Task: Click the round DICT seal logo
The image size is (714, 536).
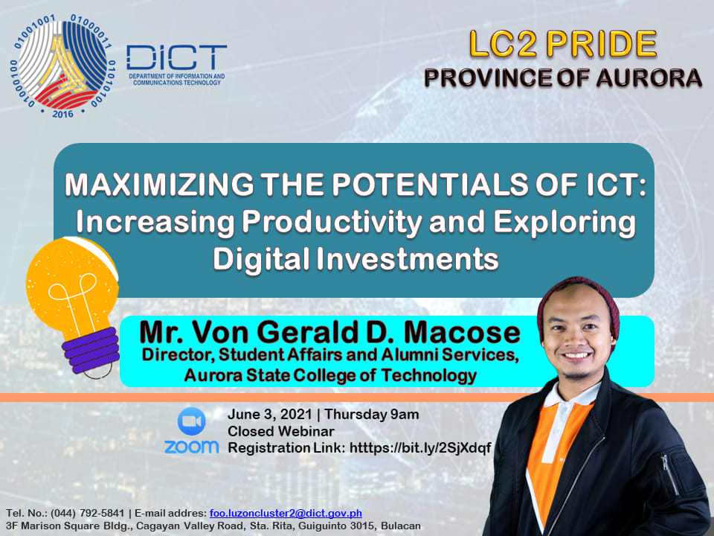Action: pos(62,66)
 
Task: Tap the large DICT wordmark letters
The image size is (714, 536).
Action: pos(176,58)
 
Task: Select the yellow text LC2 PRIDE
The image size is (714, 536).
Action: pos(563,44)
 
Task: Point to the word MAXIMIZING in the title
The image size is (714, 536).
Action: pos(159,185)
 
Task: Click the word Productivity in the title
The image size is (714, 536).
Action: pos(332,223)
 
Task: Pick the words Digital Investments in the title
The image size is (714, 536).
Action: pos(356,259)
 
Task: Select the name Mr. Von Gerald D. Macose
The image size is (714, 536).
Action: pos(329,332)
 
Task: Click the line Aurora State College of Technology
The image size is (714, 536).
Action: pos(330,375)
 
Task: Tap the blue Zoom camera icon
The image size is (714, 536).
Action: pos(191,421)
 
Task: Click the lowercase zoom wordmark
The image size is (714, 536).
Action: pos(191,447)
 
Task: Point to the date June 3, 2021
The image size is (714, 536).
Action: pos(269,415)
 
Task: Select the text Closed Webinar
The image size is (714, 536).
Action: pos(281,431)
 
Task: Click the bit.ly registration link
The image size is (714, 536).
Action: pos(420,448)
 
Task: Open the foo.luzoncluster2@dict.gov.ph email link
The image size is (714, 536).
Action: pos(286,513)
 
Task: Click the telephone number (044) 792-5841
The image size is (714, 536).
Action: pos(88,513)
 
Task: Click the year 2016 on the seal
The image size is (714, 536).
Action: pos(62,114)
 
